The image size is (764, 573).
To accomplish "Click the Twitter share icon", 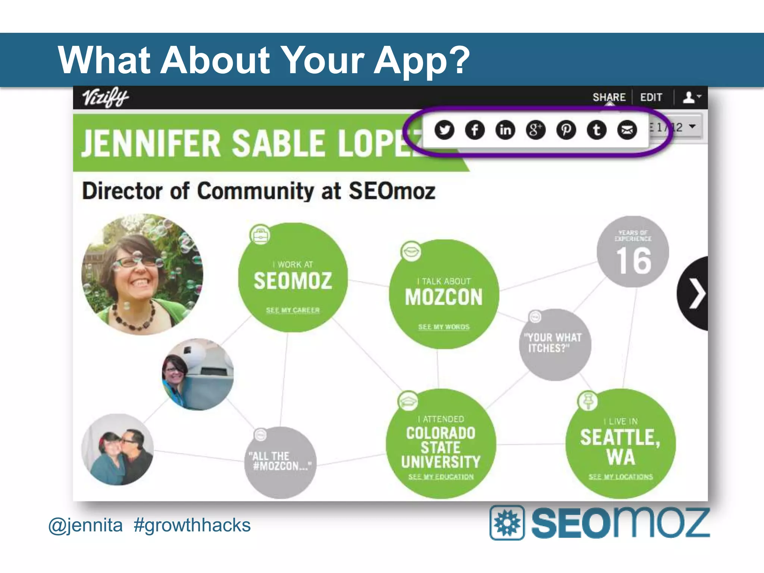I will [444, 130].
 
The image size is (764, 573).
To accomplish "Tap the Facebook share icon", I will [475, 130].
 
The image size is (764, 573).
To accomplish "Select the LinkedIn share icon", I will [505, 130].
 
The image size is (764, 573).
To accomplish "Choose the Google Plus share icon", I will [536, 130].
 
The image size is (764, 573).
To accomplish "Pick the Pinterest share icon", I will [566, 130].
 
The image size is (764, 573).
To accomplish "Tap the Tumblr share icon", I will [597, 130].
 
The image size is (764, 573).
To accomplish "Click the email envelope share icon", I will [627, 130].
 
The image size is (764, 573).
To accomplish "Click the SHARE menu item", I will [609, 97].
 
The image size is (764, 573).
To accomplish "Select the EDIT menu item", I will [651, 97].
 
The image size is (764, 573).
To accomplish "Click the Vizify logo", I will [105, 97].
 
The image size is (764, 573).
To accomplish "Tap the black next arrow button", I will [695, 294].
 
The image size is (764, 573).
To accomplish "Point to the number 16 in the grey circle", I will [633, 261].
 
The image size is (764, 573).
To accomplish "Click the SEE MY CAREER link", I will [293, 310].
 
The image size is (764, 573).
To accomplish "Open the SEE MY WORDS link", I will [444, 327].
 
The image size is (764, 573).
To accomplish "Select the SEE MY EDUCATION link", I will [441, 477].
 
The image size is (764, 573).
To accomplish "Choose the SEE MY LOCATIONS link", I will [621, 477].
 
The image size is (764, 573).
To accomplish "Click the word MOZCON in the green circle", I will [444, 297].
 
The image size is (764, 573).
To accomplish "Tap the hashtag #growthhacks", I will [192, 525].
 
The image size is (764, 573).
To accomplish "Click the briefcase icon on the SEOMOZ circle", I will [260, 235].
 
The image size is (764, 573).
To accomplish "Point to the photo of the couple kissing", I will [118, 450].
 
